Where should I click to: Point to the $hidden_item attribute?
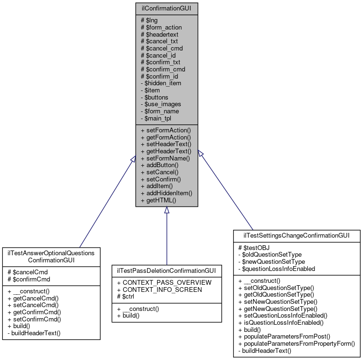[161, 83]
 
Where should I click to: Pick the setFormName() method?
[165, 159]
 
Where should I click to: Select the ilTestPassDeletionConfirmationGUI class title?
[167, 270]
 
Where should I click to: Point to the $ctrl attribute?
[126, 297]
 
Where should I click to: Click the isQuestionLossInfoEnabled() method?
[281, 322]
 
